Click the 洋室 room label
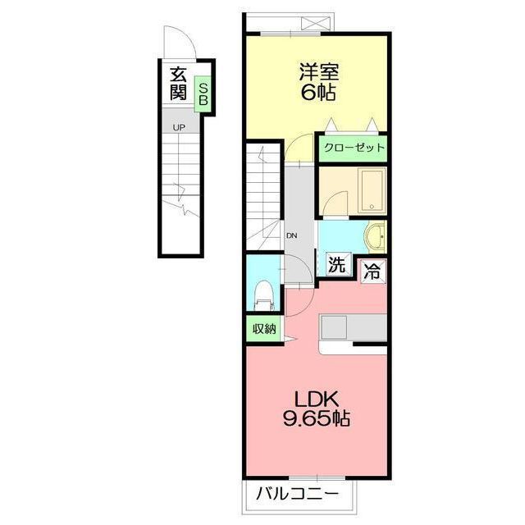(318, 71)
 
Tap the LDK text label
(317, 399)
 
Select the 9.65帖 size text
(317, 418)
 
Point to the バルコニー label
(297, 494)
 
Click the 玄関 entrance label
(178, 84)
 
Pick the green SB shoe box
(203, 94)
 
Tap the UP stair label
(179, 128)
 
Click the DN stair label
(292, 235)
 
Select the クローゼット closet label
(354, 148)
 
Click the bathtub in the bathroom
(372, 190)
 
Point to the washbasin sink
(375, 236)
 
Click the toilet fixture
(264, 296)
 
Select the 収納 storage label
(264, 330)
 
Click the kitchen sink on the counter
(334, 327)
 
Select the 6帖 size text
(318, 92)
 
